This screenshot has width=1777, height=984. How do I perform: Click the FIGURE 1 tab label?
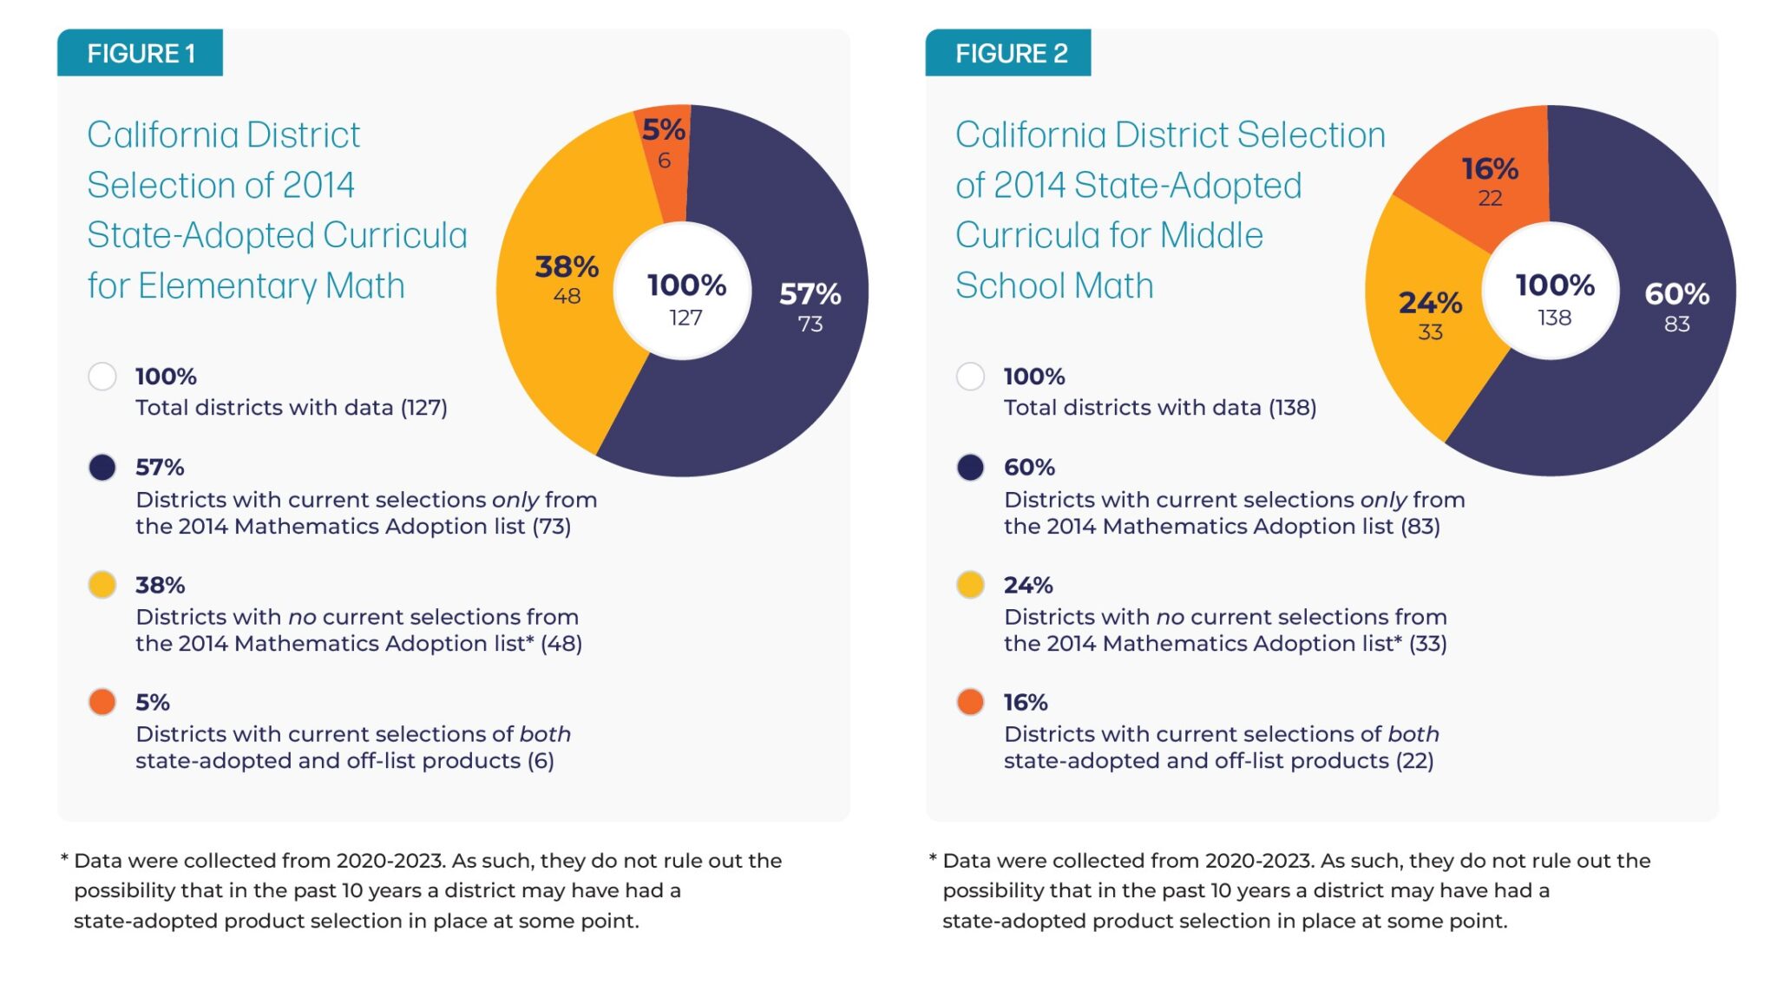(141, 54)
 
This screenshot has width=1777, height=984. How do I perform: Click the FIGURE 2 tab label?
(1010, 54)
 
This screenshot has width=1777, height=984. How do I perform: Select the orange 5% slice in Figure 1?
(664, 165)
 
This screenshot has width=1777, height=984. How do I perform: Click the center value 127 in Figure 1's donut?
(685, 318)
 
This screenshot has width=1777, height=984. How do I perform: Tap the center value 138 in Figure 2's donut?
(1554, 318)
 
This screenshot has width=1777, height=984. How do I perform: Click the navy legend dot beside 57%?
(102, 468)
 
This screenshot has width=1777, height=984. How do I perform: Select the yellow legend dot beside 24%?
(970, 585)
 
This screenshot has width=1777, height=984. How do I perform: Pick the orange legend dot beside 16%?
(970, 702)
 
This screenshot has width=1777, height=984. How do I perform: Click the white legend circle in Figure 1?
(102, 377)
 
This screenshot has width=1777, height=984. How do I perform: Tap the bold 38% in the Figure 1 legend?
(161, 585)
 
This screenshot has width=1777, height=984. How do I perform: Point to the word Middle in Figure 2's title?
(1211, 235)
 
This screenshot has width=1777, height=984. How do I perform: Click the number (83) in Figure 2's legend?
(1420, 527)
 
